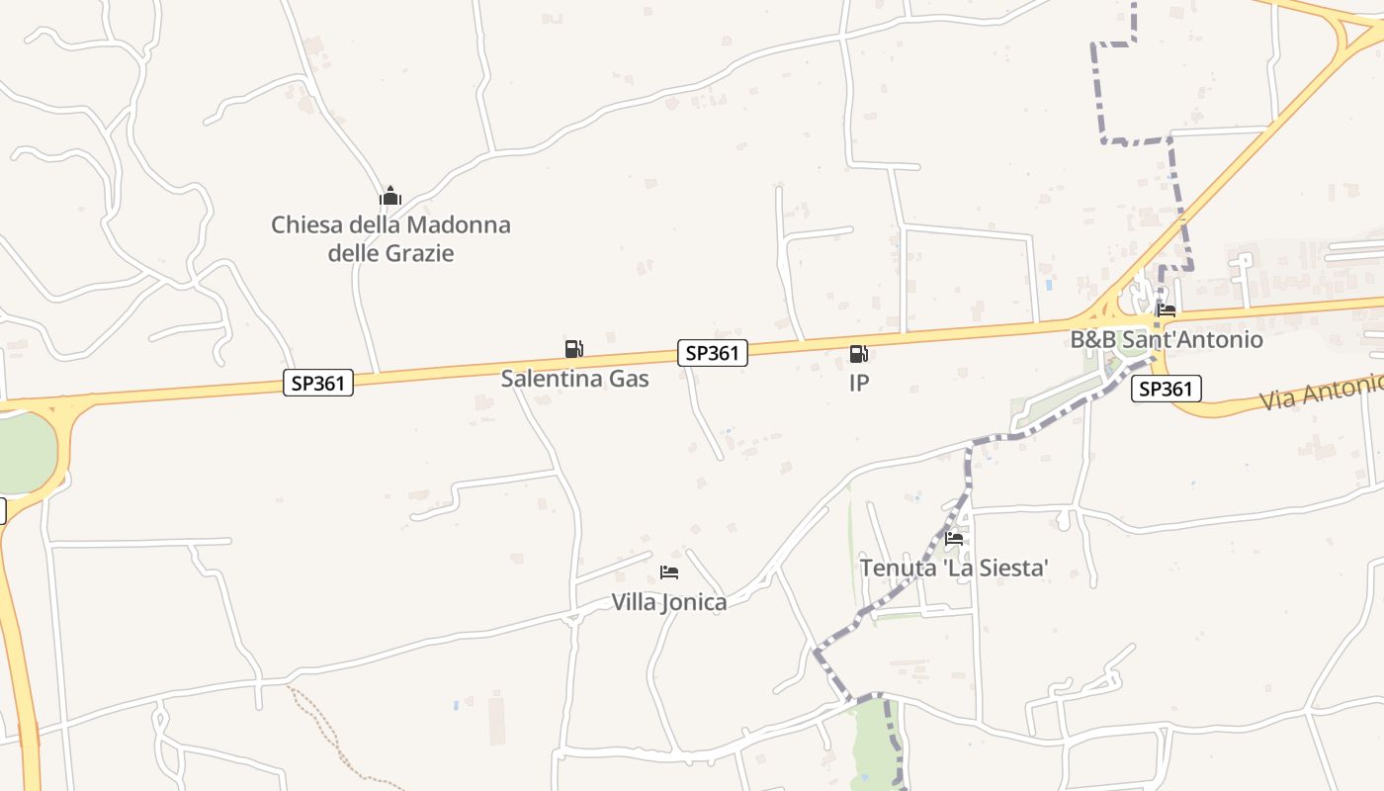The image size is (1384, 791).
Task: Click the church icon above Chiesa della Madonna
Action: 390,196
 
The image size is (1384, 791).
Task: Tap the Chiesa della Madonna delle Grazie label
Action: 390,238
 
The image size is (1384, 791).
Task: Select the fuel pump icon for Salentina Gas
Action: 574,348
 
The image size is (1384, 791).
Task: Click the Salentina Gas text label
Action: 574,378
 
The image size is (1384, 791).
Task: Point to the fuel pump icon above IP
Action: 859,353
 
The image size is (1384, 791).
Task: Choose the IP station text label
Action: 859,383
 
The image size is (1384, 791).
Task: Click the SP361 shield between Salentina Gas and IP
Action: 712,353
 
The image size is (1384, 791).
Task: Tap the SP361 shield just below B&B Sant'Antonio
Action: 1167,389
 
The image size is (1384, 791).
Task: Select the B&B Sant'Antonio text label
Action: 1167,339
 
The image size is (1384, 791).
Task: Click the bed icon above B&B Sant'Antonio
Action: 1167,310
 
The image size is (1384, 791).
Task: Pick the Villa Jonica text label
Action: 668,602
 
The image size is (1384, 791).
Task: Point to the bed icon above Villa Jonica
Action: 669,572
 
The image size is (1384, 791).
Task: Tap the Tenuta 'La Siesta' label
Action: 953,569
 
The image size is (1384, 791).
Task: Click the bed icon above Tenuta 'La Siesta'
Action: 954,539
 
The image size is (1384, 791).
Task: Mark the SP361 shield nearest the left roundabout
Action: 318,383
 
